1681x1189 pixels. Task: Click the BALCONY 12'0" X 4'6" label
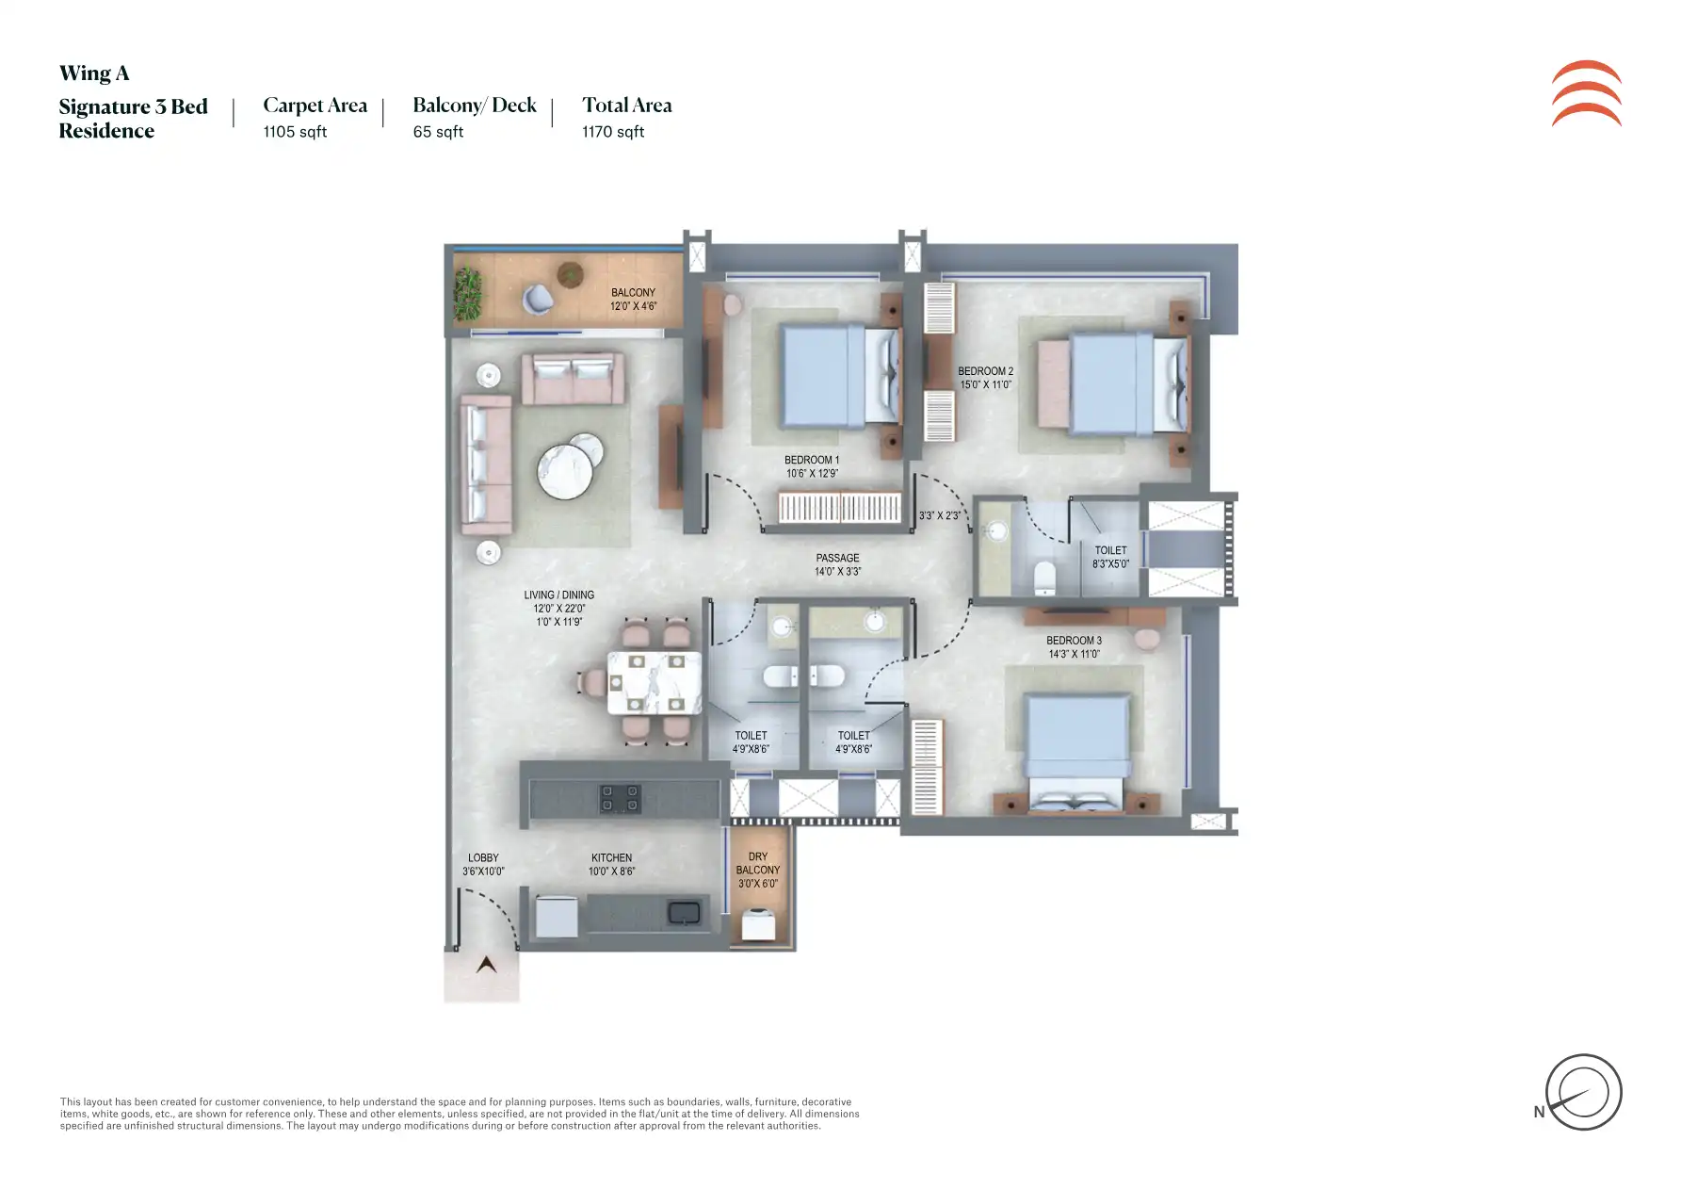633,300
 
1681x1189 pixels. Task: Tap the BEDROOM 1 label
812,461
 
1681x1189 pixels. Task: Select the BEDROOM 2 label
985,371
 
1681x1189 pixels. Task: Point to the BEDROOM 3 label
1074,641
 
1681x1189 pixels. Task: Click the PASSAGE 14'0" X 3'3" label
838,564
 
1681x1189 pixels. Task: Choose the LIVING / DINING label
559,595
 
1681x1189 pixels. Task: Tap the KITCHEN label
612,858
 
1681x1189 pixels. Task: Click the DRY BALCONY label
758,864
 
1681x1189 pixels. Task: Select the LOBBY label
483,858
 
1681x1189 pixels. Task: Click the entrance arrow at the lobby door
486,965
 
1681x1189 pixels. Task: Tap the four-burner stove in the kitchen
621,799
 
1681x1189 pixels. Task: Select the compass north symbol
1583,1092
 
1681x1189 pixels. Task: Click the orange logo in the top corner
1587,93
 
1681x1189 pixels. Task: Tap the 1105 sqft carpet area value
295,132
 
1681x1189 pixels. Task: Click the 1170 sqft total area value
613,132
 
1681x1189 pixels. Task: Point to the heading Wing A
94,73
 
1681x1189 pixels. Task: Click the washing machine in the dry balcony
758,924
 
